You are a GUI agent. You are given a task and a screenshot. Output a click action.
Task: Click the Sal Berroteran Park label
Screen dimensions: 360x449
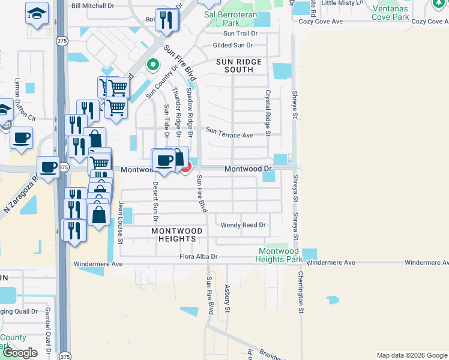coord(226,18)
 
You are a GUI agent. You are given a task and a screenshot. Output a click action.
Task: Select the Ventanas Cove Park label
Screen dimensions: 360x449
coord(391,13)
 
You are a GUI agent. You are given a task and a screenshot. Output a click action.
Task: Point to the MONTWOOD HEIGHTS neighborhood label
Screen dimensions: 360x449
coord(173,235)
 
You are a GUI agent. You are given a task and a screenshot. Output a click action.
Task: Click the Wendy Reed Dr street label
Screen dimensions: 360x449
coord(243,225)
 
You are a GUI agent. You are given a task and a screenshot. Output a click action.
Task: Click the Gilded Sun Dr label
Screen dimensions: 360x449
coord(234,46)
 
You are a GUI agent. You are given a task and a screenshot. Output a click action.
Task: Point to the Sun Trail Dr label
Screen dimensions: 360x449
coord(238,34)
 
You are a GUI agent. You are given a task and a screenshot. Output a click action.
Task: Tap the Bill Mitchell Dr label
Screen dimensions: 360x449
coord(92,5)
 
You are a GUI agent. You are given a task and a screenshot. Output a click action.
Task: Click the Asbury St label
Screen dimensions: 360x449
coord(228,298)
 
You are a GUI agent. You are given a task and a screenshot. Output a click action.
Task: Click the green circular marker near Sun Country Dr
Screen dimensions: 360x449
coord(153,64)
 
